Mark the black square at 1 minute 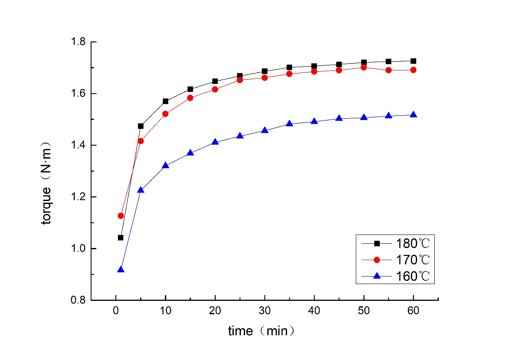(121, 237)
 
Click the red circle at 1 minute (121, 216)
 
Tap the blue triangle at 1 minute (121, 269)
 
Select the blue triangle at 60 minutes (413, 115)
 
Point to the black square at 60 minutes (413, 61)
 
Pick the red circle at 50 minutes (364, 67)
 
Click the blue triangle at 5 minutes (141, 190)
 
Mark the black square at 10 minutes (165, 101)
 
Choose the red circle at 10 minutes (165, 114)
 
